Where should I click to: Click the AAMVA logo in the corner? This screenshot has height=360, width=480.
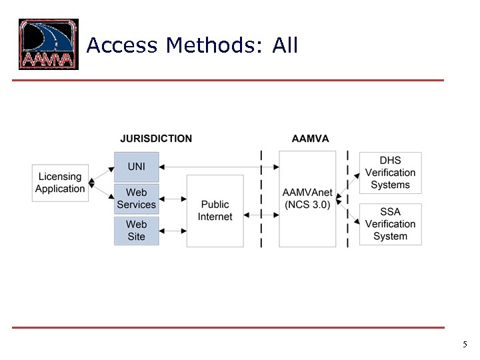[x=49, y=44]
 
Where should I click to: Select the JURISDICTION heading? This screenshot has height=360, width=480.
[x=156, y=139]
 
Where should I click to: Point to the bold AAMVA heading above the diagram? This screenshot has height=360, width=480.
[x=310, y=139]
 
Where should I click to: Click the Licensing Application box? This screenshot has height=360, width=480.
[x=60, y=183]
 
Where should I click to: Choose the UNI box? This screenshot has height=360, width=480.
[x=136, y=167]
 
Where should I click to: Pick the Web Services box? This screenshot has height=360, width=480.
[x=136, y=199]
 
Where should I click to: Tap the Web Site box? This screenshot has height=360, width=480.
[x=136, y=231]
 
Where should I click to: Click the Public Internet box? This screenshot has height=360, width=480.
[x=215, y=211]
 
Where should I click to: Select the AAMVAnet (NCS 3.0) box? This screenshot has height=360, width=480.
[x=307, y=199]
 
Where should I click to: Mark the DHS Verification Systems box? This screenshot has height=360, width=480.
[x=390, y=173]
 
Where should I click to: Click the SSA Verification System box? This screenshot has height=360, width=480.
[x=390, y=224]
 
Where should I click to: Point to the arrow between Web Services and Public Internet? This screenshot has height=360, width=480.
[x=173, y=199]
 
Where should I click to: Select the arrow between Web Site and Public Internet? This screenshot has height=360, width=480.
[x=173, y=231]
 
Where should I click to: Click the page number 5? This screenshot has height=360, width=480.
[x=465, y=345]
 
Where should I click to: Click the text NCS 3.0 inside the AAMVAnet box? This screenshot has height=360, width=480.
[x=307, y=205]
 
